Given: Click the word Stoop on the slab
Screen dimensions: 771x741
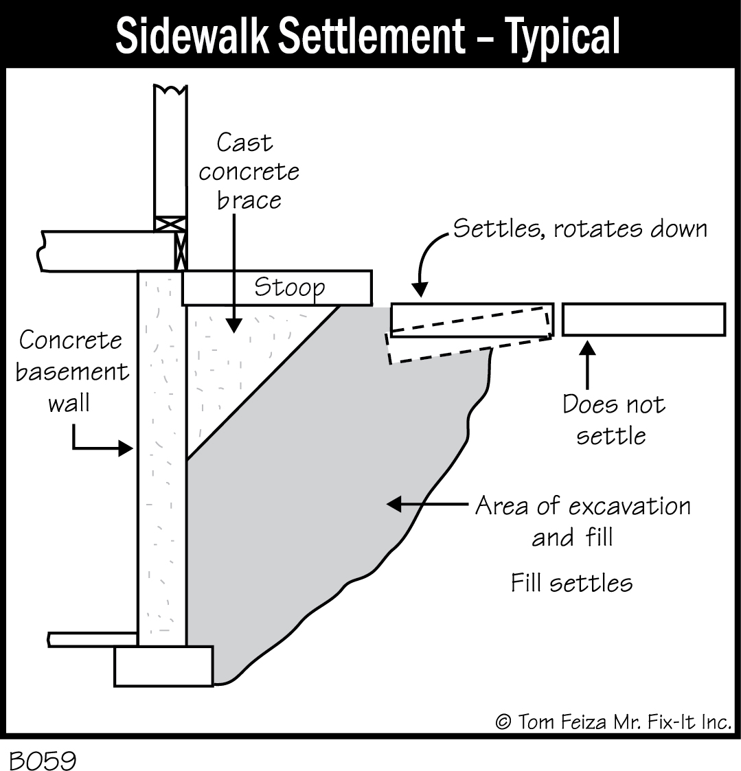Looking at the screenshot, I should point(289,287).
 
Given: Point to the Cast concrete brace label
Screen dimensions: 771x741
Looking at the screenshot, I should point(249,171).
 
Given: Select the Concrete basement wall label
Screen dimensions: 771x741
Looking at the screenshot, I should point(72,371).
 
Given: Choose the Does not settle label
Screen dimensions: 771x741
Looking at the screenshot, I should point(613,419).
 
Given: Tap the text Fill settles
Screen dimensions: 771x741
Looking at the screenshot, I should point(571,583).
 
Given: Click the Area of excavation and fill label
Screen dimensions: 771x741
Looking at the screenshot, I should point(582,521).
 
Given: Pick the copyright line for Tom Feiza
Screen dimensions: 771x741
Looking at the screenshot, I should point(613,722).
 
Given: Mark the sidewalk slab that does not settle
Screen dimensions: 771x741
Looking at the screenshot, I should point(643,319).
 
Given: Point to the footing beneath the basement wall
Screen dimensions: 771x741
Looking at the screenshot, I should point(163,666).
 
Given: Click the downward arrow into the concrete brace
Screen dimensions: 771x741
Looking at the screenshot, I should point(234,275).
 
